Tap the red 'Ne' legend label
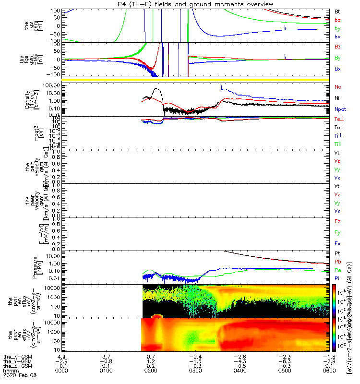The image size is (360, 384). coord(338,87)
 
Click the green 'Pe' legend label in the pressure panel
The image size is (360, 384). coord(338,270)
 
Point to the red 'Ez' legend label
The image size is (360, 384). coord(338,221)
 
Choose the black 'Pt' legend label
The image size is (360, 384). coord(338,253)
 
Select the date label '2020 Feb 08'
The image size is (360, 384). coord(19,376)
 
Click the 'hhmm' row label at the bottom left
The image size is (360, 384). coord(10,371)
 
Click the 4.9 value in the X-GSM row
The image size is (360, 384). coord(61,357)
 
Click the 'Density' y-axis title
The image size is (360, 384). coord(28,99)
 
